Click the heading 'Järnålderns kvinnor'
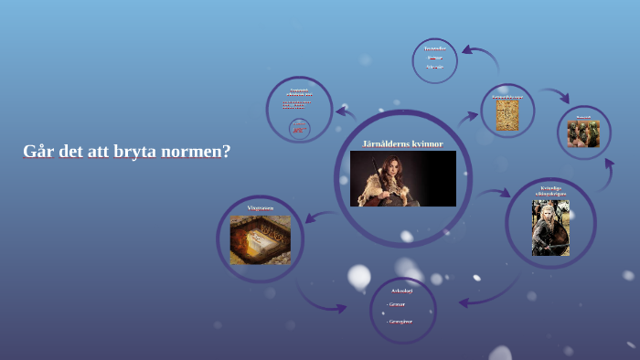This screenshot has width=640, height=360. coord(402,143)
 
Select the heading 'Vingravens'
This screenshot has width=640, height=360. coord(260,208)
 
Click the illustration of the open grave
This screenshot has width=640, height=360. coord(260,240)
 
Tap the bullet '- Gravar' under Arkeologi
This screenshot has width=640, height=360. coord(396,304)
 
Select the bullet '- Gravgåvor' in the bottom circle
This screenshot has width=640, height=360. coord(400,321)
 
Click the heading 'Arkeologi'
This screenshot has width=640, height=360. coord(402,291)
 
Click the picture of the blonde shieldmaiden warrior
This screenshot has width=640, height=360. coord(550,228)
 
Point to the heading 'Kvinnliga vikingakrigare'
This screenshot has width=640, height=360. coord(550,190)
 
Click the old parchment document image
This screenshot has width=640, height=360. coord(507,115)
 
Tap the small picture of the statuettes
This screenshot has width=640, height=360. coord(583,133)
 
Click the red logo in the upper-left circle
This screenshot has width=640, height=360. coord(299,129)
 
